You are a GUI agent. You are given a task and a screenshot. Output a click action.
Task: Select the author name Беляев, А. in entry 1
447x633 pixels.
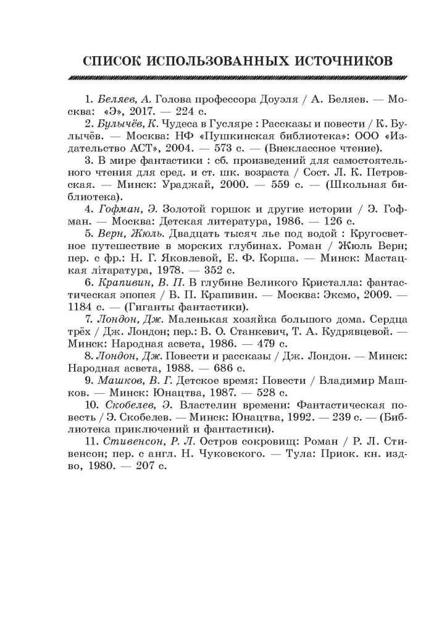(125, 99)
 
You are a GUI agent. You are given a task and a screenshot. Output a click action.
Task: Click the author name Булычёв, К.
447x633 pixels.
(129, 124)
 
